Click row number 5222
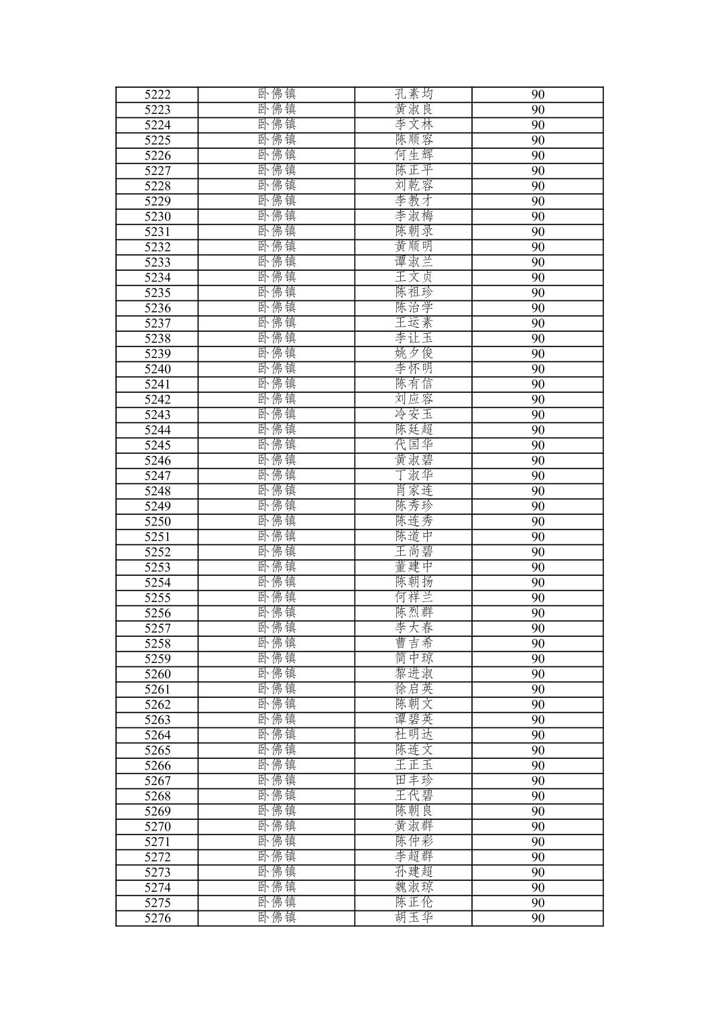pyautogui.click(x=158, y=95)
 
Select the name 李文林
pyautogui.click(x=414, y=125)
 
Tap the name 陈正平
pyautogui.click(x=414, y=170)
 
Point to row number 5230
pyautogui.click(x=158, y=217)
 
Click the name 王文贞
pyautogui.click(x=414, y=278)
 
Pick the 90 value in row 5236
pyautogui.click(x=538, y=308)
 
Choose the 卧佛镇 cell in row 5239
pyautogui.click(x=276, y=354)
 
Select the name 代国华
pyautogui.click(x=414, y=445)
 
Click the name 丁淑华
pyautogui.click(x=414, y=476)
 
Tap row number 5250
pyautogui.click(x=158, y=522)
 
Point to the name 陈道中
pyautogui.click(x=414, y=537)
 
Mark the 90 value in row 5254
pyautogui.click(x=538, y=583)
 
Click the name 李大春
pyautogui.click(x=414, y=628)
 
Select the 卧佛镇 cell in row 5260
pyautogui.click(x=276, y=674)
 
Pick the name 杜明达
pyautogui.click(x=414, y=735)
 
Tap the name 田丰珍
pyautogui.click(x=414, y=780)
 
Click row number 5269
pyautogui.click(x=158, y=811)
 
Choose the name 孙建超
pyautogui.click(x=414, y=872)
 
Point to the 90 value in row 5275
pyautogui.click(x=538, y=903)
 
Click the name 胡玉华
pyautogui.click(x=414, y=918)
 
